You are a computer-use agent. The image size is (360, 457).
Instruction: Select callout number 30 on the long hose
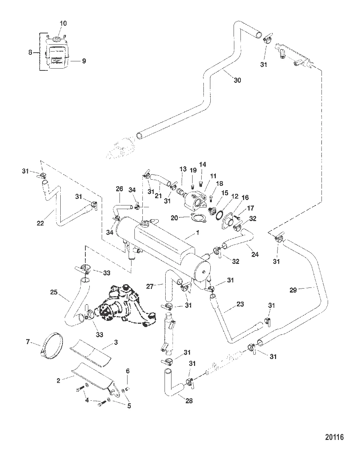pos(237,80)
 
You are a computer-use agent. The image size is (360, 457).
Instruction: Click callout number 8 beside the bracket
pos(31,53)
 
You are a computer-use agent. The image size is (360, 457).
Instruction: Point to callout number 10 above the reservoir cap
pos(63,23)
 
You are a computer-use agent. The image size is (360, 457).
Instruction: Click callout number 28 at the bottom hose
pos(189,401)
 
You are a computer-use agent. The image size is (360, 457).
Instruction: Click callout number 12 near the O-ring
pos(235,196)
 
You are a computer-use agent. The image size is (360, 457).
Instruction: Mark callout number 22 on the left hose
pos(40,223)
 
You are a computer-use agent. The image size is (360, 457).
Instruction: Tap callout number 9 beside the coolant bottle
pos(84,61)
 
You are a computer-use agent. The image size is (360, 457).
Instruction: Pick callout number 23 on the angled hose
pos(240,305)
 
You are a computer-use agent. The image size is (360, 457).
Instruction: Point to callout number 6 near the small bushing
pos(127,371)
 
